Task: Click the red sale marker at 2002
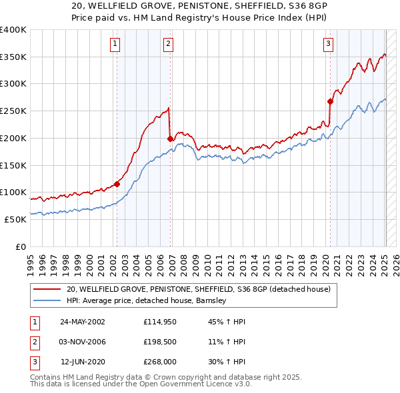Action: [117, 184]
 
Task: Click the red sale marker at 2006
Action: [170, 139]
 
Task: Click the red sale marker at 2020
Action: [330, 101]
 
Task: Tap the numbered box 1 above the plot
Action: [116, 44]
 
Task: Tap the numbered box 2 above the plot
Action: [169, 44]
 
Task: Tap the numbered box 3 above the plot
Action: [329, 44]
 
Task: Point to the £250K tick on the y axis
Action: [13, 111]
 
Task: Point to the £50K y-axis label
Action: [15, 219]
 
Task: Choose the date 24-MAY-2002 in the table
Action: [83, 322]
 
